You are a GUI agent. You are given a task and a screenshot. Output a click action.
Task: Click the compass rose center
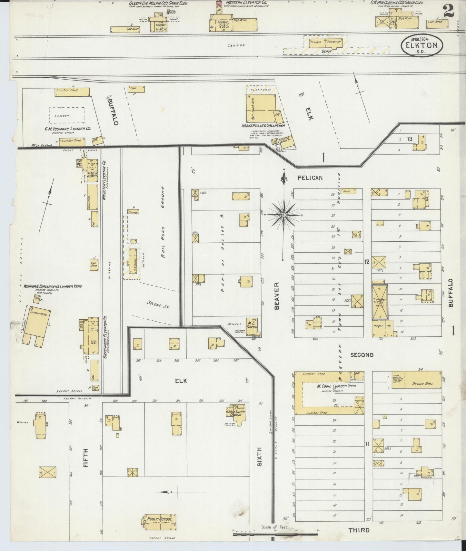pos(283,215)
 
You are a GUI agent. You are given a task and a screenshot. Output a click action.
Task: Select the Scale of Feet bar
pos(275,535)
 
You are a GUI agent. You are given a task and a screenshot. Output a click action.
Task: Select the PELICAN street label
pos(310,178)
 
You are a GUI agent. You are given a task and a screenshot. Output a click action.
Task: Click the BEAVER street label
pos(276,296)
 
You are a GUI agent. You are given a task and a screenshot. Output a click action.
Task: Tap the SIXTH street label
pos(260,457)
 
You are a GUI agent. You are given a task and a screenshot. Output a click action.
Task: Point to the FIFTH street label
pos(86,457)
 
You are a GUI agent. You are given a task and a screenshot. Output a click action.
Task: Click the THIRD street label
pos(359,530)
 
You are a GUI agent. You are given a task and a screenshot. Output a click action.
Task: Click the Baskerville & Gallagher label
pos(263,125)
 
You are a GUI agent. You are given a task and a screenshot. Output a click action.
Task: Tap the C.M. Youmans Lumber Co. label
pos(68,128)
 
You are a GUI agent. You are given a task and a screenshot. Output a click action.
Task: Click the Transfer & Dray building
pos(380,302)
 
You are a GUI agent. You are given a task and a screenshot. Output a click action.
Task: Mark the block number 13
pos(409,139)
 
